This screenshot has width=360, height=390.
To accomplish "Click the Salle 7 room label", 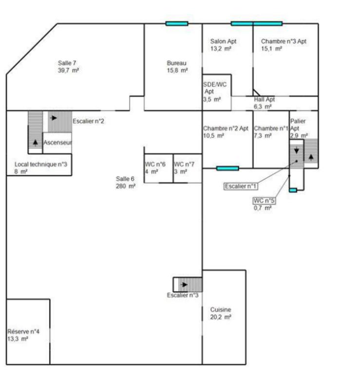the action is coord(68,67).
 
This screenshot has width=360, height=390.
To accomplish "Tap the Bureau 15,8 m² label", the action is coord(177,67).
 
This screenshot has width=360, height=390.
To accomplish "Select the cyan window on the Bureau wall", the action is coord(177,23).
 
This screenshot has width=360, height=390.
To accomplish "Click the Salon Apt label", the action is coord(223,41).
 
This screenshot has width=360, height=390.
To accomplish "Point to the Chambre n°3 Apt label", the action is coord(284,41).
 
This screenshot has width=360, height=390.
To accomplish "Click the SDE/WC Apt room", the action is coord(217,92).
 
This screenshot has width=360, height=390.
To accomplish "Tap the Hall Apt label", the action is coord(265,99).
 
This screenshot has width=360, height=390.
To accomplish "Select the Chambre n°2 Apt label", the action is coord(226,128).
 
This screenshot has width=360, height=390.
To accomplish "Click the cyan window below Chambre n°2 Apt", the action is coord(227,168).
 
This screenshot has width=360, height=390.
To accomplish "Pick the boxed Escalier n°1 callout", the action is coord(241,186).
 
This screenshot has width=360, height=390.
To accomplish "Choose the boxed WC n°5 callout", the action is coord(264,200).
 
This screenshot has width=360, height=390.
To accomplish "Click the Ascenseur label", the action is coord(57,142).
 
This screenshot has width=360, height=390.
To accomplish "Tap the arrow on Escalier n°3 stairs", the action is coord(185,285).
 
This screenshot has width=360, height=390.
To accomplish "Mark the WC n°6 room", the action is coord(159,168).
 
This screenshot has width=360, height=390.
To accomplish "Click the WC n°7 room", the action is coord(188,168).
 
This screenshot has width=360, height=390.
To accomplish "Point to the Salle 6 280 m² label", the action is coord(126,182).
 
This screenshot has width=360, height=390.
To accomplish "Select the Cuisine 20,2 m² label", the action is coord(221,313).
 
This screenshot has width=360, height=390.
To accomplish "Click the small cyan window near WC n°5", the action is coord(293,190).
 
